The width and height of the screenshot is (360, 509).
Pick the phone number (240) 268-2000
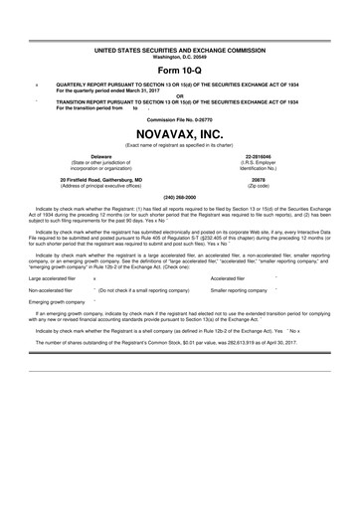coord(180,198)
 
